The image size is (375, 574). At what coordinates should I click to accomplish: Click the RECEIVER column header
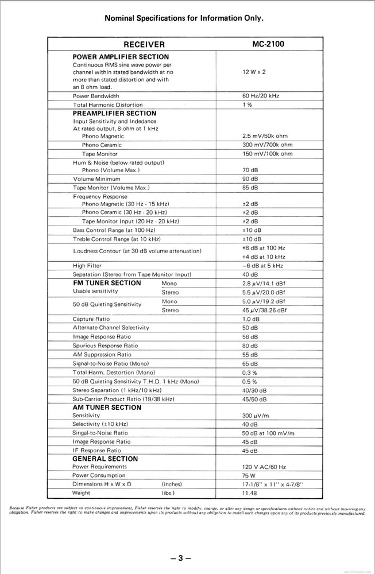144,44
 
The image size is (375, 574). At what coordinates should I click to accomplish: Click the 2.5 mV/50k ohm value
265,136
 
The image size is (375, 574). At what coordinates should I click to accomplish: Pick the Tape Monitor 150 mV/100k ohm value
267,154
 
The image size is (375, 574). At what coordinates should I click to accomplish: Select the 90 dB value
250,179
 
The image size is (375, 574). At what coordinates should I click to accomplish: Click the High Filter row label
87,266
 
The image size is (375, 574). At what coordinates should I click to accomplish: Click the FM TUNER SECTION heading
107,283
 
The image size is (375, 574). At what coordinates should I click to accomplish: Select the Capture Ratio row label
91,319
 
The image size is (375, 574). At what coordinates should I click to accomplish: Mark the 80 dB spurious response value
250,346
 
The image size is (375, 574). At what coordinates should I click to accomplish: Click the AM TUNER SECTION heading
107,408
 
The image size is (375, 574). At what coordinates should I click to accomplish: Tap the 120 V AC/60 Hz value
263,467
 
